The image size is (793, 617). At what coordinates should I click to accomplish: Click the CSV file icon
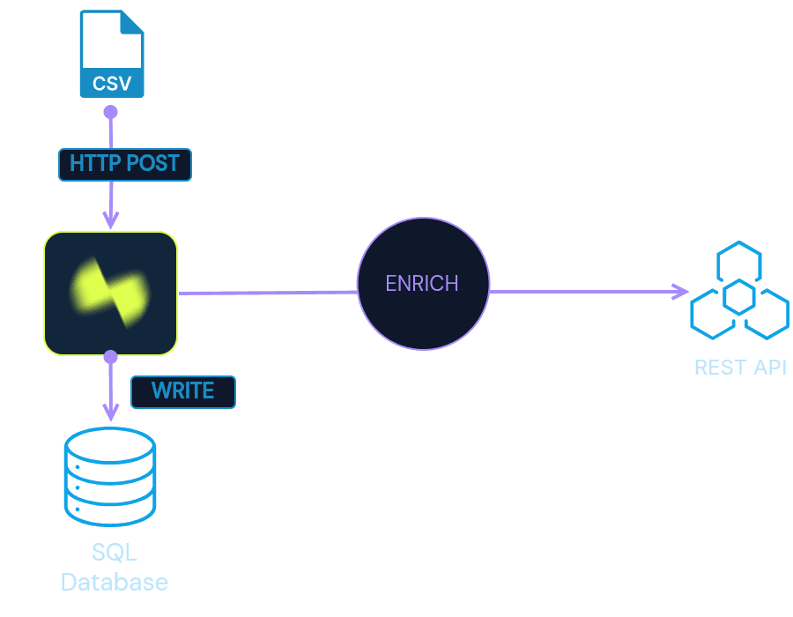click(x=112, y=54)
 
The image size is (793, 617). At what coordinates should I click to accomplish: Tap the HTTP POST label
click(x=125, y=164)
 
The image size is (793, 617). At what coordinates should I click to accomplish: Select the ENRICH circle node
click(x=423, y=283)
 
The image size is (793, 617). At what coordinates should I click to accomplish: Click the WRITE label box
click(x=183, y=392)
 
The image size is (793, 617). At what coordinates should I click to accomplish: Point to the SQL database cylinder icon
click(x=110, y=477)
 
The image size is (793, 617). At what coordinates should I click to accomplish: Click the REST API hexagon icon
click(x=739, y=290)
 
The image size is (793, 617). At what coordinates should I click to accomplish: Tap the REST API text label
click(x=740, y=368)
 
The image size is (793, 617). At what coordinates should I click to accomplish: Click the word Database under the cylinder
click(x=115, y=582)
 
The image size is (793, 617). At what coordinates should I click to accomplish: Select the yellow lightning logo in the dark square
click(x=110, y=293)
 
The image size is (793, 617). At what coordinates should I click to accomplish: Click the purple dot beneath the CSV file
click(x=111, y=112)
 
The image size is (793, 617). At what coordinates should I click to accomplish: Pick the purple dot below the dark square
click(x=111, y=357)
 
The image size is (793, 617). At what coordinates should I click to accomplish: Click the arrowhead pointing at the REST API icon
click(x=680, y=291)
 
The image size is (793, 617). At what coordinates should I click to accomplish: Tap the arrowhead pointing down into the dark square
click(x=111, y=220)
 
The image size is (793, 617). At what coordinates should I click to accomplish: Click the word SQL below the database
click(x=115, y=553)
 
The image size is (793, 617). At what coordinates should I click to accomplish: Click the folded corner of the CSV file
click(x=132, y=22)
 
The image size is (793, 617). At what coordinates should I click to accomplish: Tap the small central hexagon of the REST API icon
click(x=739, y=297)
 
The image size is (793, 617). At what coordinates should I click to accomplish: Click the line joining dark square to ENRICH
click(x=268, y=293)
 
